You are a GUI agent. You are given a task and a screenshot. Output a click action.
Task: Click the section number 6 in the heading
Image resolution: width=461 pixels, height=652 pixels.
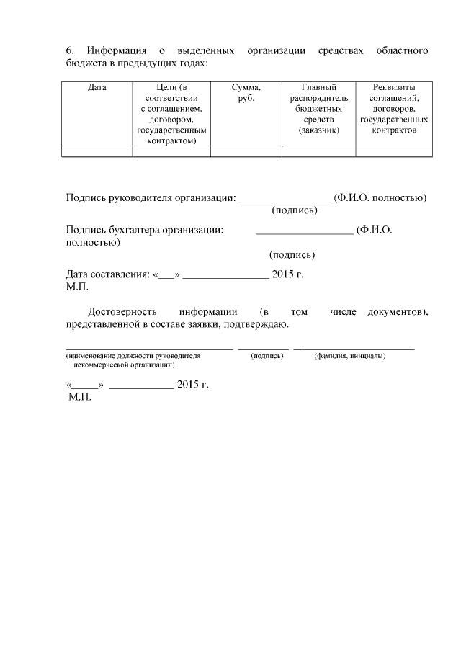coord(69,50)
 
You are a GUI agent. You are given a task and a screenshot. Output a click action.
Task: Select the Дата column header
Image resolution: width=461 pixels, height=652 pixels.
coord(97,87)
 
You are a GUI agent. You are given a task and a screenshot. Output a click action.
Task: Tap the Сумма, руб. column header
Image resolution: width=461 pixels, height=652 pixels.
coord(246,92)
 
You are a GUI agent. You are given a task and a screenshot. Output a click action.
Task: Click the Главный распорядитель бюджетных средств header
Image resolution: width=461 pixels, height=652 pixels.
coord(318,108)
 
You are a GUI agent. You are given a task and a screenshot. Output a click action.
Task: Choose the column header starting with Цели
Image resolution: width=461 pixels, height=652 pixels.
coord(171,114)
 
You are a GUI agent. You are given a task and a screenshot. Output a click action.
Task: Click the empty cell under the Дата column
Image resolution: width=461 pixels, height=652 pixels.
coord(97,151)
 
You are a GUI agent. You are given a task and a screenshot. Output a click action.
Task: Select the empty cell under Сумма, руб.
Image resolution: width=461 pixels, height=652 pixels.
coord(246,151)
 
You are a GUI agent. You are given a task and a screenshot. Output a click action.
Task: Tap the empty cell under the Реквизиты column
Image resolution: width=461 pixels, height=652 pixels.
coord(394,151)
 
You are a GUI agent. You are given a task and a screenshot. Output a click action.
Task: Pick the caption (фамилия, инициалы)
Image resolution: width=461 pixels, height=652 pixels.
coord(350,356)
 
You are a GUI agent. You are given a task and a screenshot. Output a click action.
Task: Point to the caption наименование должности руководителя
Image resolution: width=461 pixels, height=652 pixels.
coord(133,356)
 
